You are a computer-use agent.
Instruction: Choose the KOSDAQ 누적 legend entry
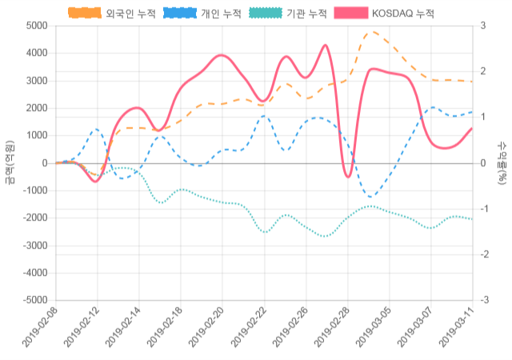tap(383, 13)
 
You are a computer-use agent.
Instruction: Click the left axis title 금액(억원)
tap(10, 162)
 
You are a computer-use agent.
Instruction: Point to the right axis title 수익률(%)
tap(502, 162)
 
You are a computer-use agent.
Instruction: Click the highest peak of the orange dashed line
tap(370, 32)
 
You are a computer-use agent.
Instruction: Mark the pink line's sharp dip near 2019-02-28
tap(347, 177)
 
